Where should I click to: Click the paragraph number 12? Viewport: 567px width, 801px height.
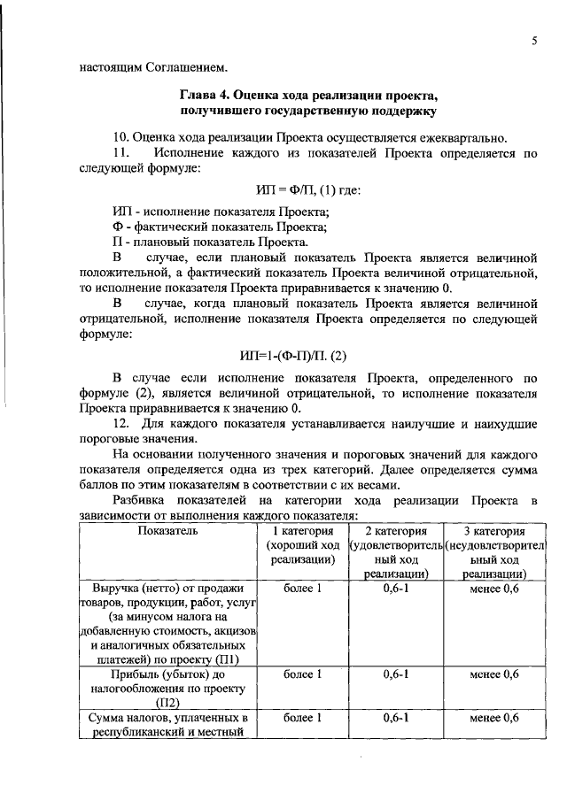(x=122, y=426)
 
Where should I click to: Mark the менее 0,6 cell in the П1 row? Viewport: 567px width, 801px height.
(x=494, y=589)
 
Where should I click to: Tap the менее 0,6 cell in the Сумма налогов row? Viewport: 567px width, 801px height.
(x=494, y=718)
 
